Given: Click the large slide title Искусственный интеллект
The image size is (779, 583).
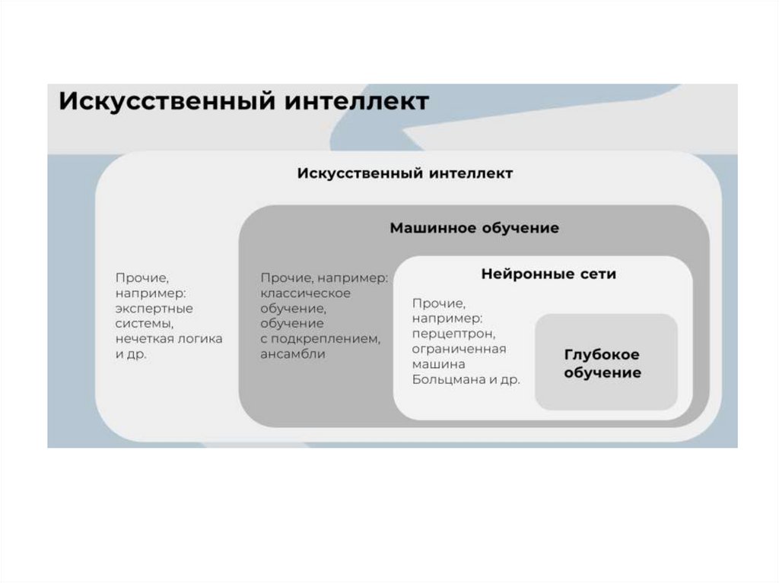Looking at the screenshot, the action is point(243,102).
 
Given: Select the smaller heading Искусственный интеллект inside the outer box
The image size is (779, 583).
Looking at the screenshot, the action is point(405,173).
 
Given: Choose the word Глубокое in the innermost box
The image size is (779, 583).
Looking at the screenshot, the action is point(602,355).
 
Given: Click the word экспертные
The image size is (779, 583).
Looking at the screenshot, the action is point(154,309).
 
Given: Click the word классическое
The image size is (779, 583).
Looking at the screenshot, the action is point(305,293).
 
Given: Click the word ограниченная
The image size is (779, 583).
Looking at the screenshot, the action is point(459,349).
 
